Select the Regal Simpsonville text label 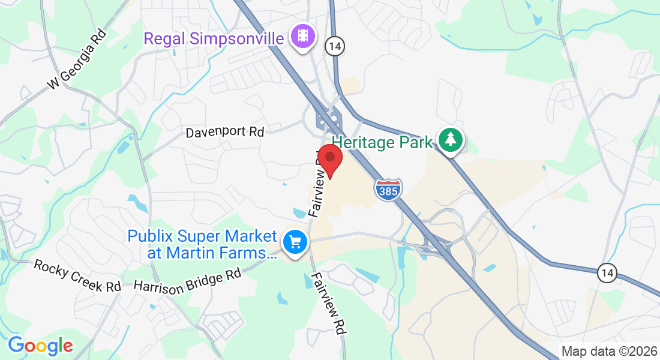point(214,39)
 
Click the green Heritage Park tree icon point(450,140)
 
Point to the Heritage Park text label point(382,143)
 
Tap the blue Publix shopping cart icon point(295,243)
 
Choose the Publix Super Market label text point(202,236)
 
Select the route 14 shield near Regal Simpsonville point(334,45)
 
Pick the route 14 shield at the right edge point(607,273)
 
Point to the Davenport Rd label point(224,131)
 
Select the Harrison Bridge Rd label point(187,279)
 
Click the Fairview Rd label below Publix point(329,303)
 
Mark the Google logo point(40,346)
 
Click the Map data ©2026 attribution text point(608,351)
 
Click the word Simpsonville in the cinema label point(237,39)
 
